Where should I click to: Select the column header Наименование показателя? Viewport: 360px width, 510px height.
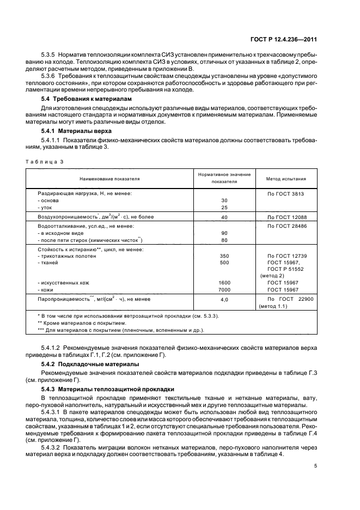tap(109, 178)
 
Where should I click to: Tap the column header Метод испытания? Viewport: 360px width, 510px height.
tap(285, 178)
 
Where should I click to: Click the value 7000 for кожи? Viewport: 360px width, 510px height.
tap(224, 290)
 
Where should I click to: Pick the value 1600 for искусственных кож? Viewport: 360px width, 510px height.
tap(224, 283)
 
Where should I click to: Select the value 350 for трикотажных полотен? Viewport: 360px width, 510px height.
tap(224, 256)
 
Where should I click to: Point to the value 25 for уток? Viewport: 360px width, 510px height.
tap(224, 208)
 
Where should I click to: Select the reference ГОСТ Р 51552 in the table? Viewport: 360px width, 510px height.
tap(285, 269)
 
